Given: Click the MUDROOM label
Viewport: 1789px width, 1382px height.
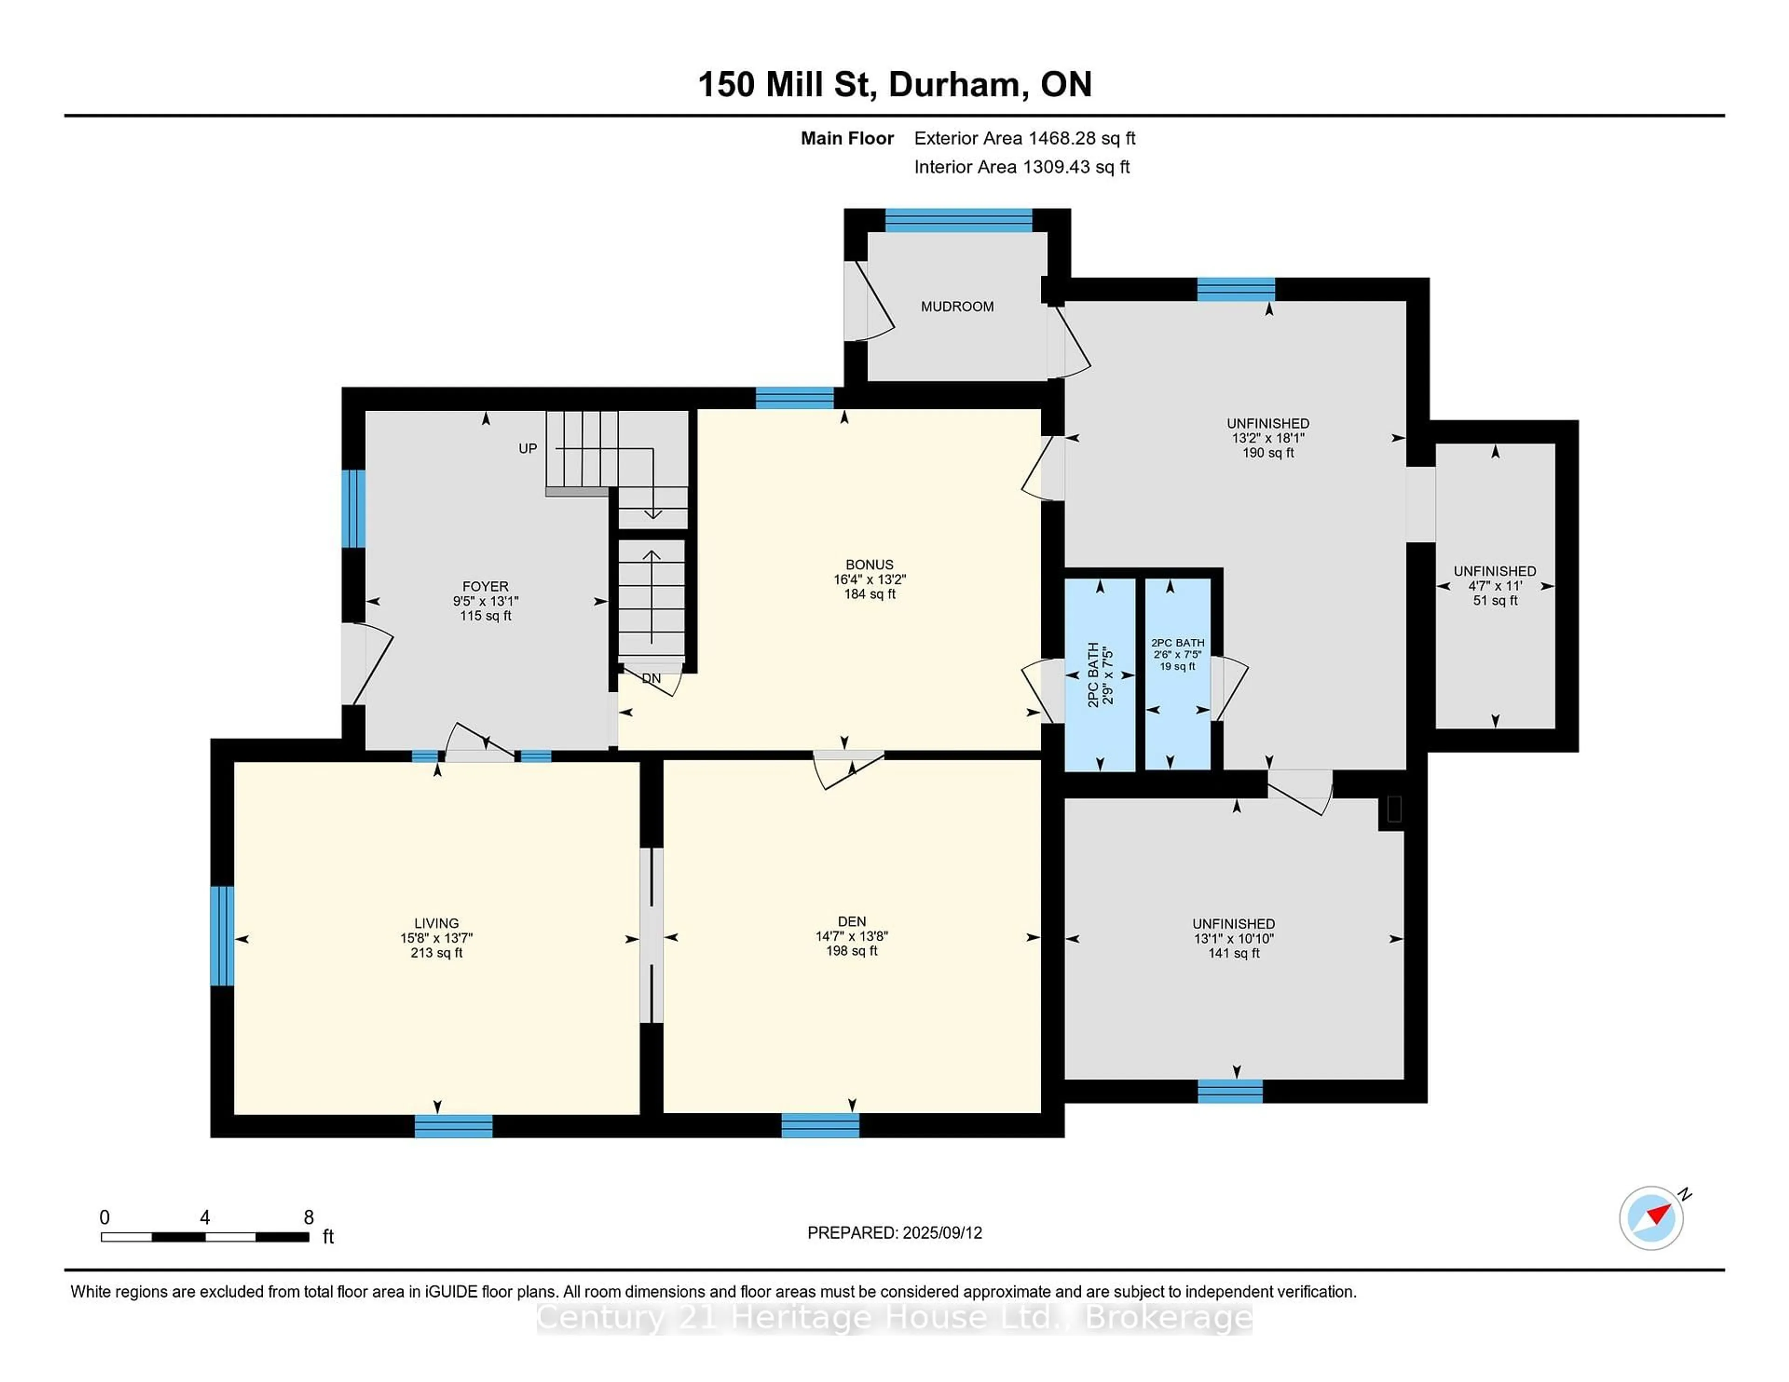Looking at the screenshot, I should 957,306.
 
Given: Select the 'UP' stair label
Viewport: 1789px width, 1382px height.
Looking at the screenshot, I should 527,449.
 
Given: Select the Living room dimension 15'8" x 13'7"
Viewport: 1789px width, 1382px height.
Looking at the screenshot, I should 437,938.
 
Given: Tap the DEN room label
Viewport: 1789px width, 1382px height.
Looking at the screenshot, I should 852,921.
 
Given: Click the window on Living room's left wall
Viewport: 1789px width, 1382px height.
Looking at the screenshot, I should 222,936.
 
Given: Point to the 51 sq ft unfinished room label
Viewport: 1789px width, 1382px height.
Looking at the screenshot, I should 1495,600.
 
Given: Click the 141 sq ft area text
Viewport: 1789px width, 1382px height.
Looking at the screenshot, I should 1234,953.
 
